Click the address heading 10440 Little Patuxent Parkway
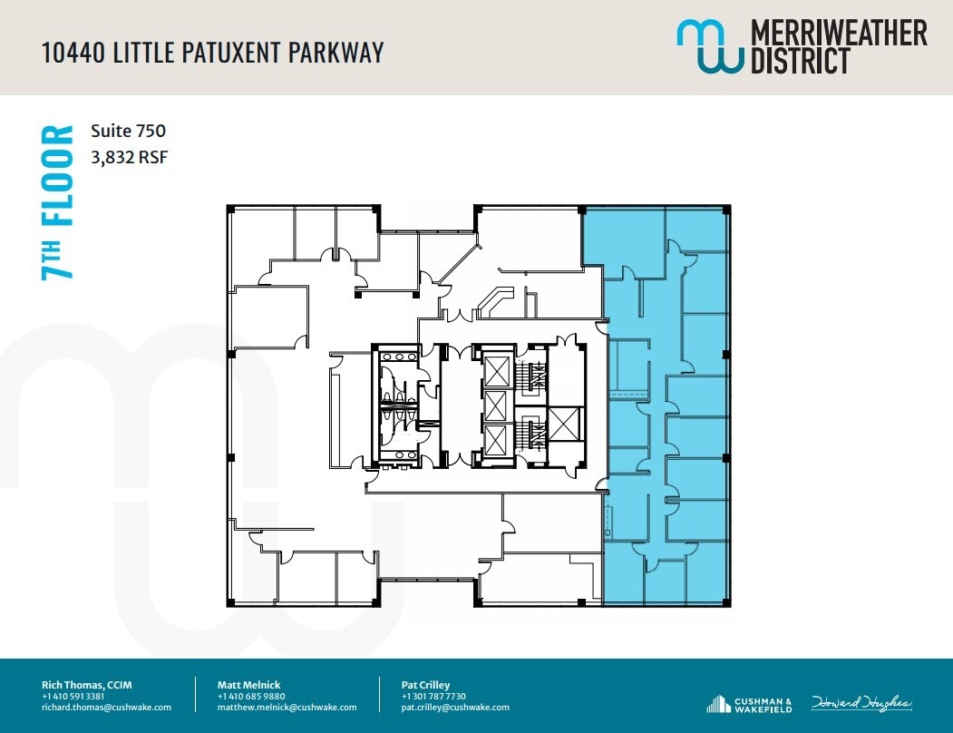[213, 52]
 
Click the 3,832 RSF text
[130, 157]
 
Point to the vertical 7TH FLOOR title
[58, 202]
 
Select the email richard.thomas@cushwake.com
[106, 708]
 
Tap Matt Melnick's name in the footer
[250, 685]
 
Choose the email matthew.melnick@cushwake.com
[287, 708]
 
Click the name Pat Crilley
[425, 685]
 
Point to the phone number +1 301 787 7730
[433, 697]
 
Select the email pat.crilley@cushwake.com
[455, 708]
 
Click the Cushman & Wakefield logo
[749, 704]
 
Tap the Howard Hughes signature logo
[861, 704]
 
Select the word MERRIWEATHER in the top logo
[839, 34]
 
